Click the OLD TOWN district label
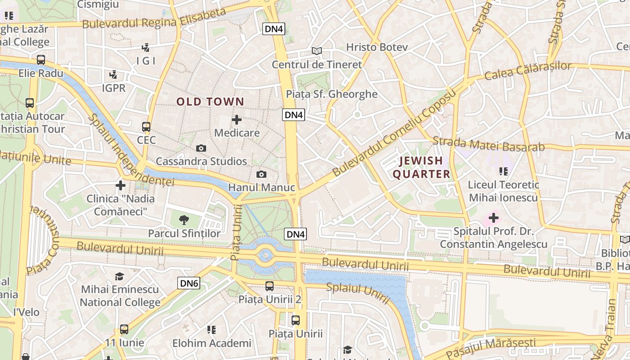tap(210, 102)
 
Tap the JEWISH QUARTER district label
tap(421, 167)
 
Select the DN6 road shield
tap(189, 283)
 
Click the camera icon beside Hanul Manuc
tap(261, 174)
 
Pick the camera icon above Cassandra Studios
tap(201, 148)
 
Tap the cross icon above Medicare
tap(237, 120)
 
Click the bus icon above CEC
tap(146, 127)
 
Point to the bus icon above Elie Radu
tap(41, 59)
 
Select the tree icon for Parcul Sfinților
tap(184, 220)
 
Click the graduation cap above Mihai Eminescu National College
tap(120, 276)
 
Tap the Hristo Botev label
tap(377, 47)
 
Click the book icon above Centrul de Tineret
tap(317, 51)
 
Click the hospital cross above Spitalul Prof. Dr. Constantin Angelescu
tap(494, 218)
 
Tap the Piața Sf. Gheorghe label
tap(332, 94)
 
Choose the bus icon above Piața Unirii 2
tap(269, 286)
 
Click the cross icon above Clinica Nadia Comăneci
tap(120, 185)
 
